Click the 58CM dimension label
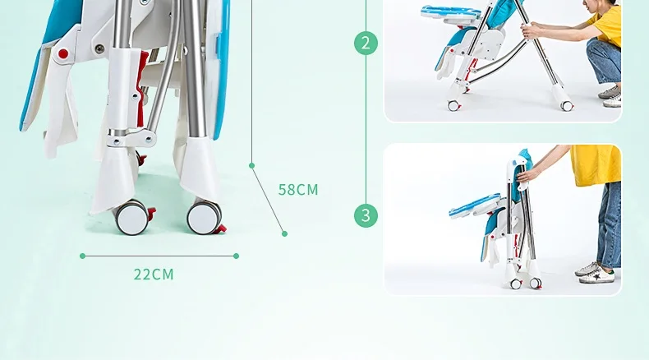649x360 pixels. point(298,190)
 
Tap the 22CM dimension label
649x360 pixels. point(154,275)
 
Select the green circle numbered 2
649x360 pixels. point(366,43)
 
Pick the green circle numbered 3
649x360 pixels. point(366,215)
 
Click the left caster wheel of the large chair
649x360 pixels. point(132,217)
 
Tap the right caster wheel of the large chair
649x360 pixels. point(204,217)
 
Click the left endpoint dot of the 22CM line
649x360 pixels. point(82,256)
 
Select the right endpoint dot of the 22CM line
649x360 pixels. point(237,256)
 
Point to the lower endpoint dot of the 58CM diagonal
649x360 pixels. point(284,233)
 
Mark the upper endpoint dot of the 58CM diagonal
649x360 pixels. point(251,165)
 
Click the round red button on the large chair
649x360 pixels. point(63,54)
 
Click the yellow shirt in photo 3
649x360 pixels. point(596,165)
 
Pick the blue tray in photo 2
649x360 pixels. point(451,12)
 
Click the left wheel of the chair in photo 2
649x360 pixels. point(454,106)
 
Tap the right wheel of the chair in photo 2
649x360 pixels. point(567,106)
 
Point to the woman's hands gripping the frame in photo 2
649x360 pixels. point(531,30)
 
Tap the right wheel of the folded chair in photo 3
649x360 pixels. point(536,283)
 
